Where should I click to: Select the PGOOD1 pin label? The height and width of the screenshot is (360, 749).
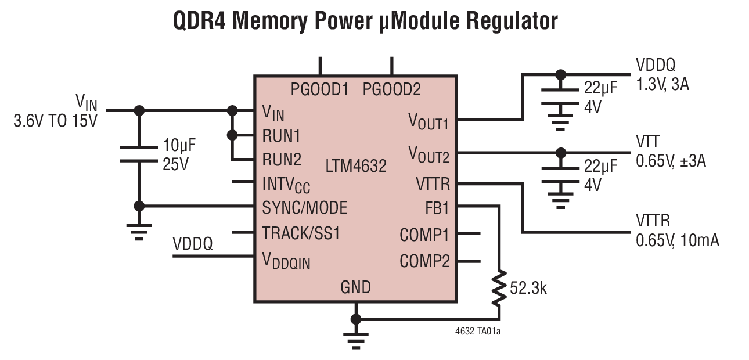point(319,90)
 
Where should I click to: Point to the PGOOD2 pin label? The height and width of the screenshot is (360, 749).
point(391,90)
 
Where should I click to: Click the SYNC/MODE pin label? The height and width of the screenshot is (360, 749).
point(304,207)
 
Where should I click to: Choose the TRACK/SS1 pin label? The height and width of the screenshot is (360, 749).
point(301,233)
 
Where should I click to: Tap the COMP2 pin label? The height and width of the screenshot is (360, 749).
point(424,261)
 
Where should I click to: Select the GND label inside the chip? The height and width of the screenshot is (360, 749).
point(355,287)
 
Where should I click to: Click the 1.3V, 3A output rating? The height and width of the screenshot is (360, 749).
point(662,85)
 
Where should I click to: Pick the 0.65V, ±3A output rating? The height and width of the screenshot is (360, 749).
point(671,161)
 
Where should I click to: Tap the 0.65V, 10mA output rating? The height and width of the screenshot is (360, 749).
point(677,239)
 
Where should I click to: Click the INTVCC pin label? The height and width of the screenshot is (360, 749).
point(286,184)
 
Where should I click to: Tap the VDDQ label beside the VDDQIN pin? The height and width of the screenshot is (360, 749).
point(192,244)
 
